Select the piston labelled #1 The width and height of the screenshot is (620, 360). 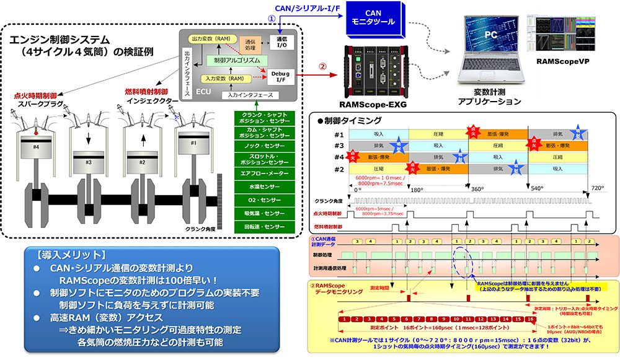(x=195, y=142)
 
